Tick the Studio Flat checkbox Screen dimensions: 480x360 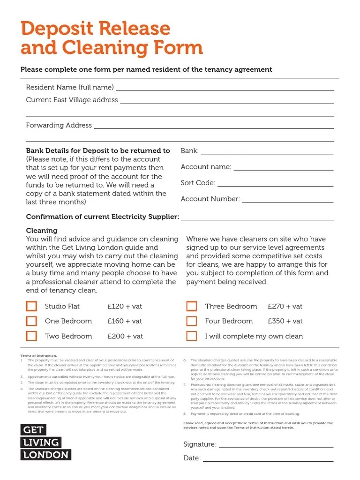click(31, 307)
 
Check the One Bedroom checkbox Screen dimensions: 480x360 click(31, 321)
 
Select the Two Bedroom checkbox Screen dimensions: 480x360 click(31, 336)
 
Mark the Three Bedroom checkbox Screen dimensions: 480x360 click(191, 307)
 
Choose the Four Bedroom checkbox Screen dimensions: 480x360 click(191, 321)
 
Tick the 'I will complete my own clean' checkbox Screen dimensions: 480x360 click(191, 336)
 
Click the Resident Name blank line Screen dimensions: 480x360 click(225, 89)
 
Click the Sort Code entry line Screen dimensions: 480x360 click(275, 184)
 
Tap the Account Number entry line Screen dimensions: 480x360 click(287, 200)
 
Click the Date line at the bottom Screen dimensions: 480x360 click(268, 459)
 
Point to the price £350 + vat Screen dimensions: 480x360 click(285, 321)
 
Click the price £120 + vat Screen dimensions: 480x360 click(125, 307)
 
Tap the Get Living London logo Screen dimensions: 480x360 click(45, 442)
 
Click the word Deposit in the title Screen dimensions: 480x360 click(56, 29)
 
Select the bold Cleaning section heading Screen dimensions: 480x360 click(42, 231)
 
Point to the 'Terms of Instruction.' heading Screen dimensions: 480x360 click(38, 356)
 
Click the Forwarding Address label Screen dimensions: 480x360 click(59, 125)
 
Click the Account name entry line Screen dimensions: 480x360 click(283, 168)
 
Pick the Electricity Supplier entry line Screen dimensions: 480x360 click(257, 218)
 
